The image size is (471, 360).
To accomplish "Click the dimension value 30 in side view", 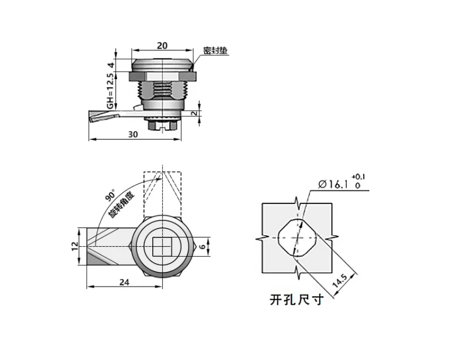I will [133, 134].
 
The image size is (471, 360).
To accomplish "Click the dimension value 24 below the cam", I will [124, 281].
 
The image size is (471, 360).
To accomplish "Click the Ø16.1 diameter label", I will [333, 184].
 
